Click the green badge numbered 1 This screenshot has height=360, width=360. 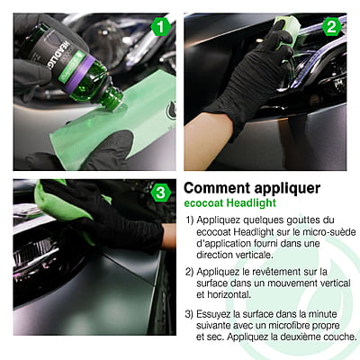coord(160,26)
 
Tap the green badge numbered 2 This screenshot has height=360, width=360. coord(332,26)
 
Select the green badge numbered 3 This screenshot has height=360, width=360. coord(160,193)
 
